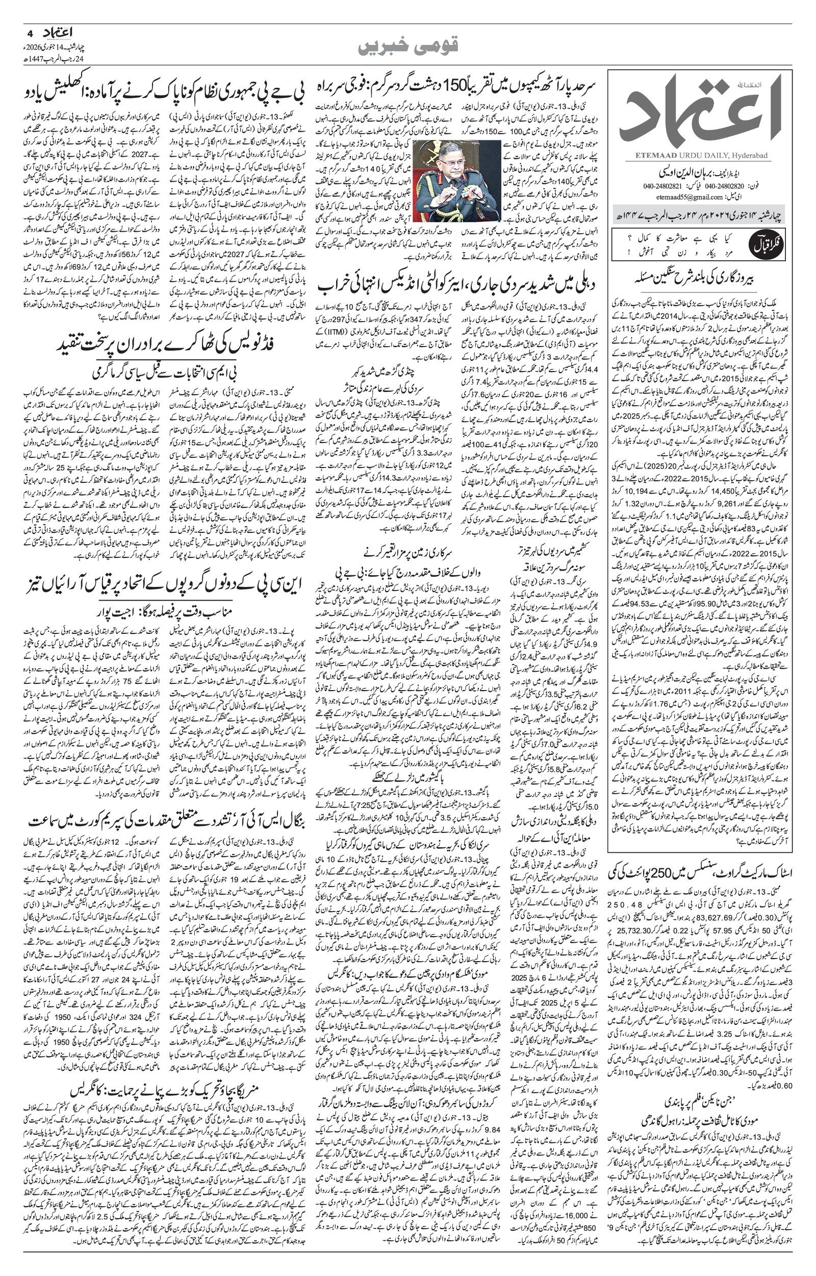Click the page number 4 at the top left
[x=27, y=32]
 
